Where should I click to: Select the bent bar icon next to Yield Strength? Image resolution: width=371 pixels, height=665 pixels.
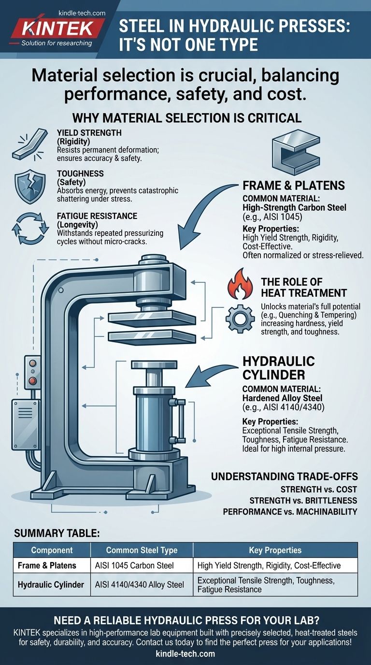pyautogui.click(x=29, y=144)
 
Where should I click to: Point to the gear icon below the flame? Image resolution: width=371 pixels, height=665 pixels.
pyautogui.click(x=240, y=319)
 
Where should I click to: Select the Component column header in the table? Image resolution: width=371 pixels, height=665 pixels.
pyautogui.click(x=52, y=550)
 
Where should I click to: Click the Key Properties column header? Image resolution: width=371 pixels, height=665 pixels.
pyautogui.click(x=275, y=550)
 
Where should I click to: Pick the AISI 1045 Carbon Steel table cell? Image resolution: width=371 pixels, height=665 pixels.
pyautogui.click(x=142, y=565)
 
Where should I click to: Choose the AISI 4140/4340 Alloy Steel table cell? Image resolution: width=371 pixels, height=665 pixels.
pyautogui.click(x=142, y=584)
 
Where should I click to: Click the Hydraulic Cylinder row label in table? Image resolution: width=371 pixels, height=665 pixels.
pyautogui.click(x=51, y=584)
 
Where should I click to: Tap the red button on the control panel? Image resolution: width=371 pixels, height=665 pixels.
pyautogui.click(x=32, y=381)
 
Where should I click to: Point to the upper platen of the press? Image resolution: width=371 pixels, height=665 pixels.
pyautogui.click(x=152, y=318)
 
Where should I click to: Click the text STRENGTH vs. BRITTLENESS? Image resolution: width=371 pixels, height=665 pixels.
pyautogui.click(x=303, y=500)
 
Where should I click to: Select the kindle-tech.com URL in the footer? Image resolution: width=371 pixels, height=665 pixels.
pyautogui.click(x=185, y=653)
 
